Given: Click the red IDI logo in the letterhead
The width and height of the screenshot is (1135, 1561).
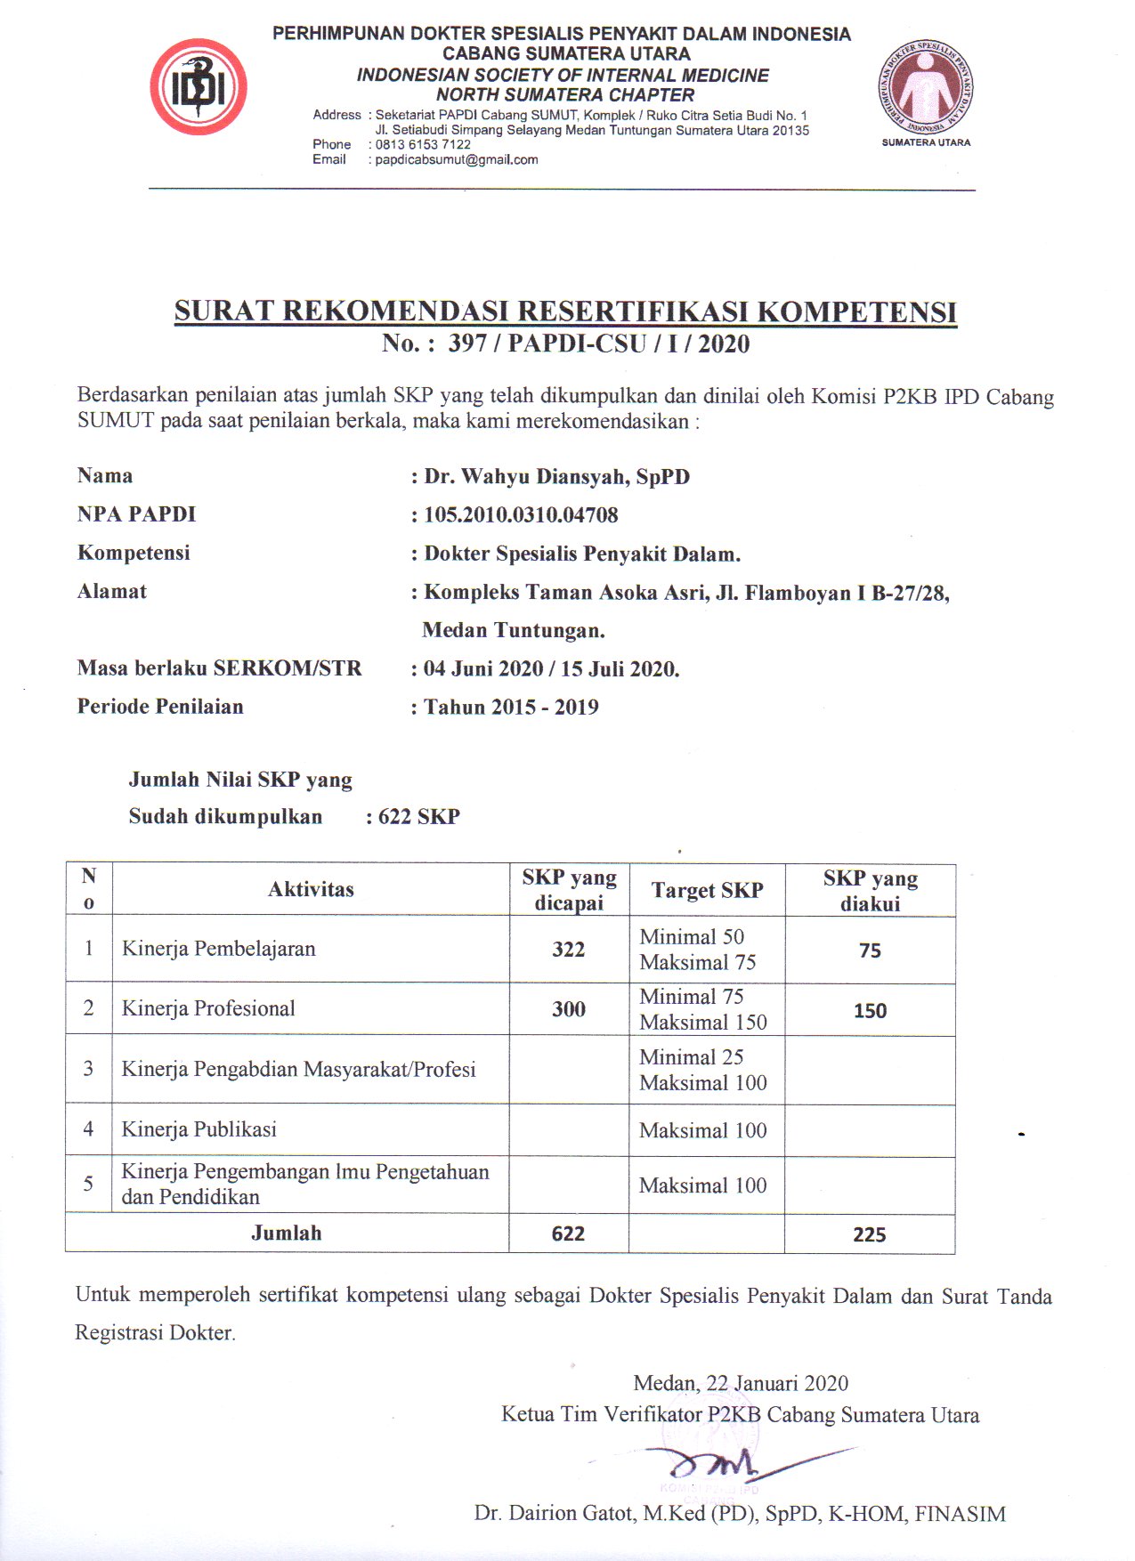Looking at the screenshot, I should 199,87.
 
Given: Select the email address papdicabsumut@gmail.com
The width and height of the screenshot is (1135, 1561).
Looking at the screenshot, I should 457,160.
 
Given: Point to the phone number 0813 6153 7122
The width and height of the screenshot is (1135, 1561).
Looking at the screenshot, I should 423,144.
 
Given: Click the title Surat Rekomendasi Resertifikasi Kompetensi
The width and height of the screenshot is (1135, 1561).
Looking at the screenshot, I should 565,311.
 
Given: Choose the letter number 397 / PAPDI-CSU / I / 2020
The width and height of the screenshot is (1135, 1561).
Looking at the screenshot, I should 598,344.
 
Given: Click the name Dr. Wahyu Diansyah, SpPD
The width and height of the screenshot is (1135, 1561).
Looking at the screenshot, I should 556,476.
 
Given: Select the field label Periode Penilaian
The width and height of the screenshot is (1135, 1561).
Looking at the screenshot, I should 160,707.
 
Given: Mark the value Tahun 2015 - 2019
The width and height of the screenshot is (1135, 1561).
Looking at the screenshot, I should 511,708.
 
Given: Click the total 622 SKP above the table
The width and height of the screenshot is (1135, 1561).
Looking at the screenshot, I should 418,817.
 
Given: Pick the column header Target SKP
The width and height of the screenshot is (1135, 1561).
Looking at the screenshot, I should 707,890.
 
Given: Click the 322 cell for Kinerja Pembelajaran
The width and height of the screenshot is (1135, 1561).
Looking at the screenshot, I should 569,950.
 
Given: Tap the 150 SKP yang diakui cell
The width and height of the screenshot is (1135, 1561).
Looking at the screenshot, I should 870,1011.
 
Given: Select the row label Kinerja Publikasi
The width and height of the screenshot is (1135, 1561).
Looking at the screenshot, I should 199,1129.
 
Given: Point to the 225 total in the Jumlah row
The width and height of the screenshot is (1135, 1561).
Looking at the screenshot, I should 869,1234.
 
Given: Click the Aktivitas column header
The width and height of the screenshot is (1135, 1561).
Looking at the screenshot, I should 311,889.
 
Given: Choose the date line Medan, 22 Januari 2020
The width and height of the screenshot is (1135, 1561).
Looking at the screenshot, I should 741,1383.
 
